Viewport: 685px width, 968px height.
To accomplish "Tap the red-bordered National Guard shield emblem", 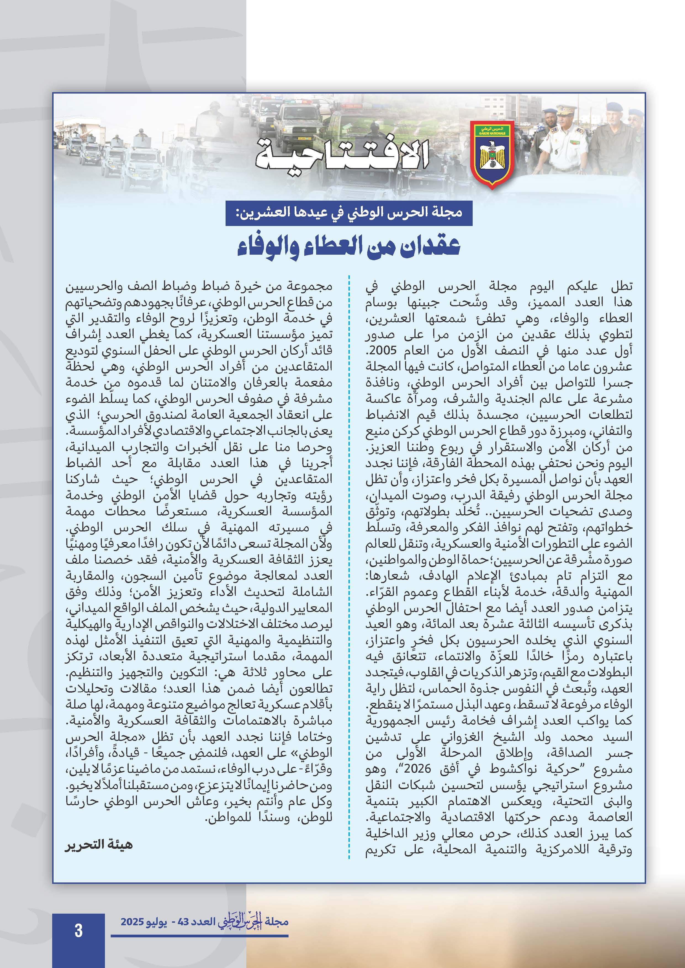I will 492,154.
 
